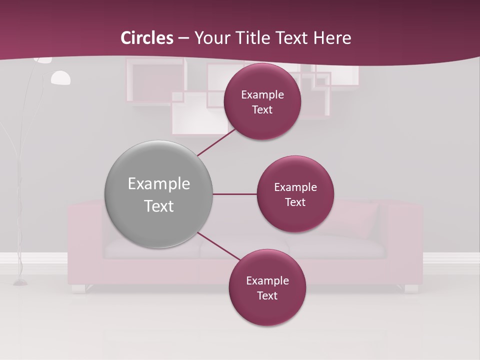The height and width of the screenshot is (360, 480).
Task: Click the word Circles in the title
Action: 147,38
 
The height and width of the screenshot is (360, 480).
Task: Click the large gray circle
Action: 158,194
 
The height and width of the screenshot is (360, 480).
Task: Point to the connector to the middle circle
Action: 234,194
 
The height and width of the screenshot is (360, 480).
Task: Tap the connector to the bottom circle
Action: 218,246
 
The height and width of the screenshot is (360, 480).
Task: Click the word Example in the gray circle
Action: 159,184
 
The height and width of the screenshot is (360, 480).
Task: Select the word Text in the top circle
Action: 262,110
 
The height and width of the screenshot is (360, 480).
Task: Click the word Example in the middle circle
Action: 295,187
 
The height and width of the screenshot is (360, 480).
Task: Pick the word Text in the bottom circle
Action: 267,295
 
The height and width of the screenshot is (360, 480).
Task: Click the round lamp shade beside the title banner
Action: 61,77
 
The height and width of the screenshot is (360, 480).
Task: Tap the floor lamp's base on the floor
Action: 20,283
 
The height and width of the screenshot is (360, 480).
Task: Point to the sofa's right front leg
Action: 411,288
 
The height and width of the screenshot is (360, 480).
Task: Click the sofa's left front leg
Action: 78,288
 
